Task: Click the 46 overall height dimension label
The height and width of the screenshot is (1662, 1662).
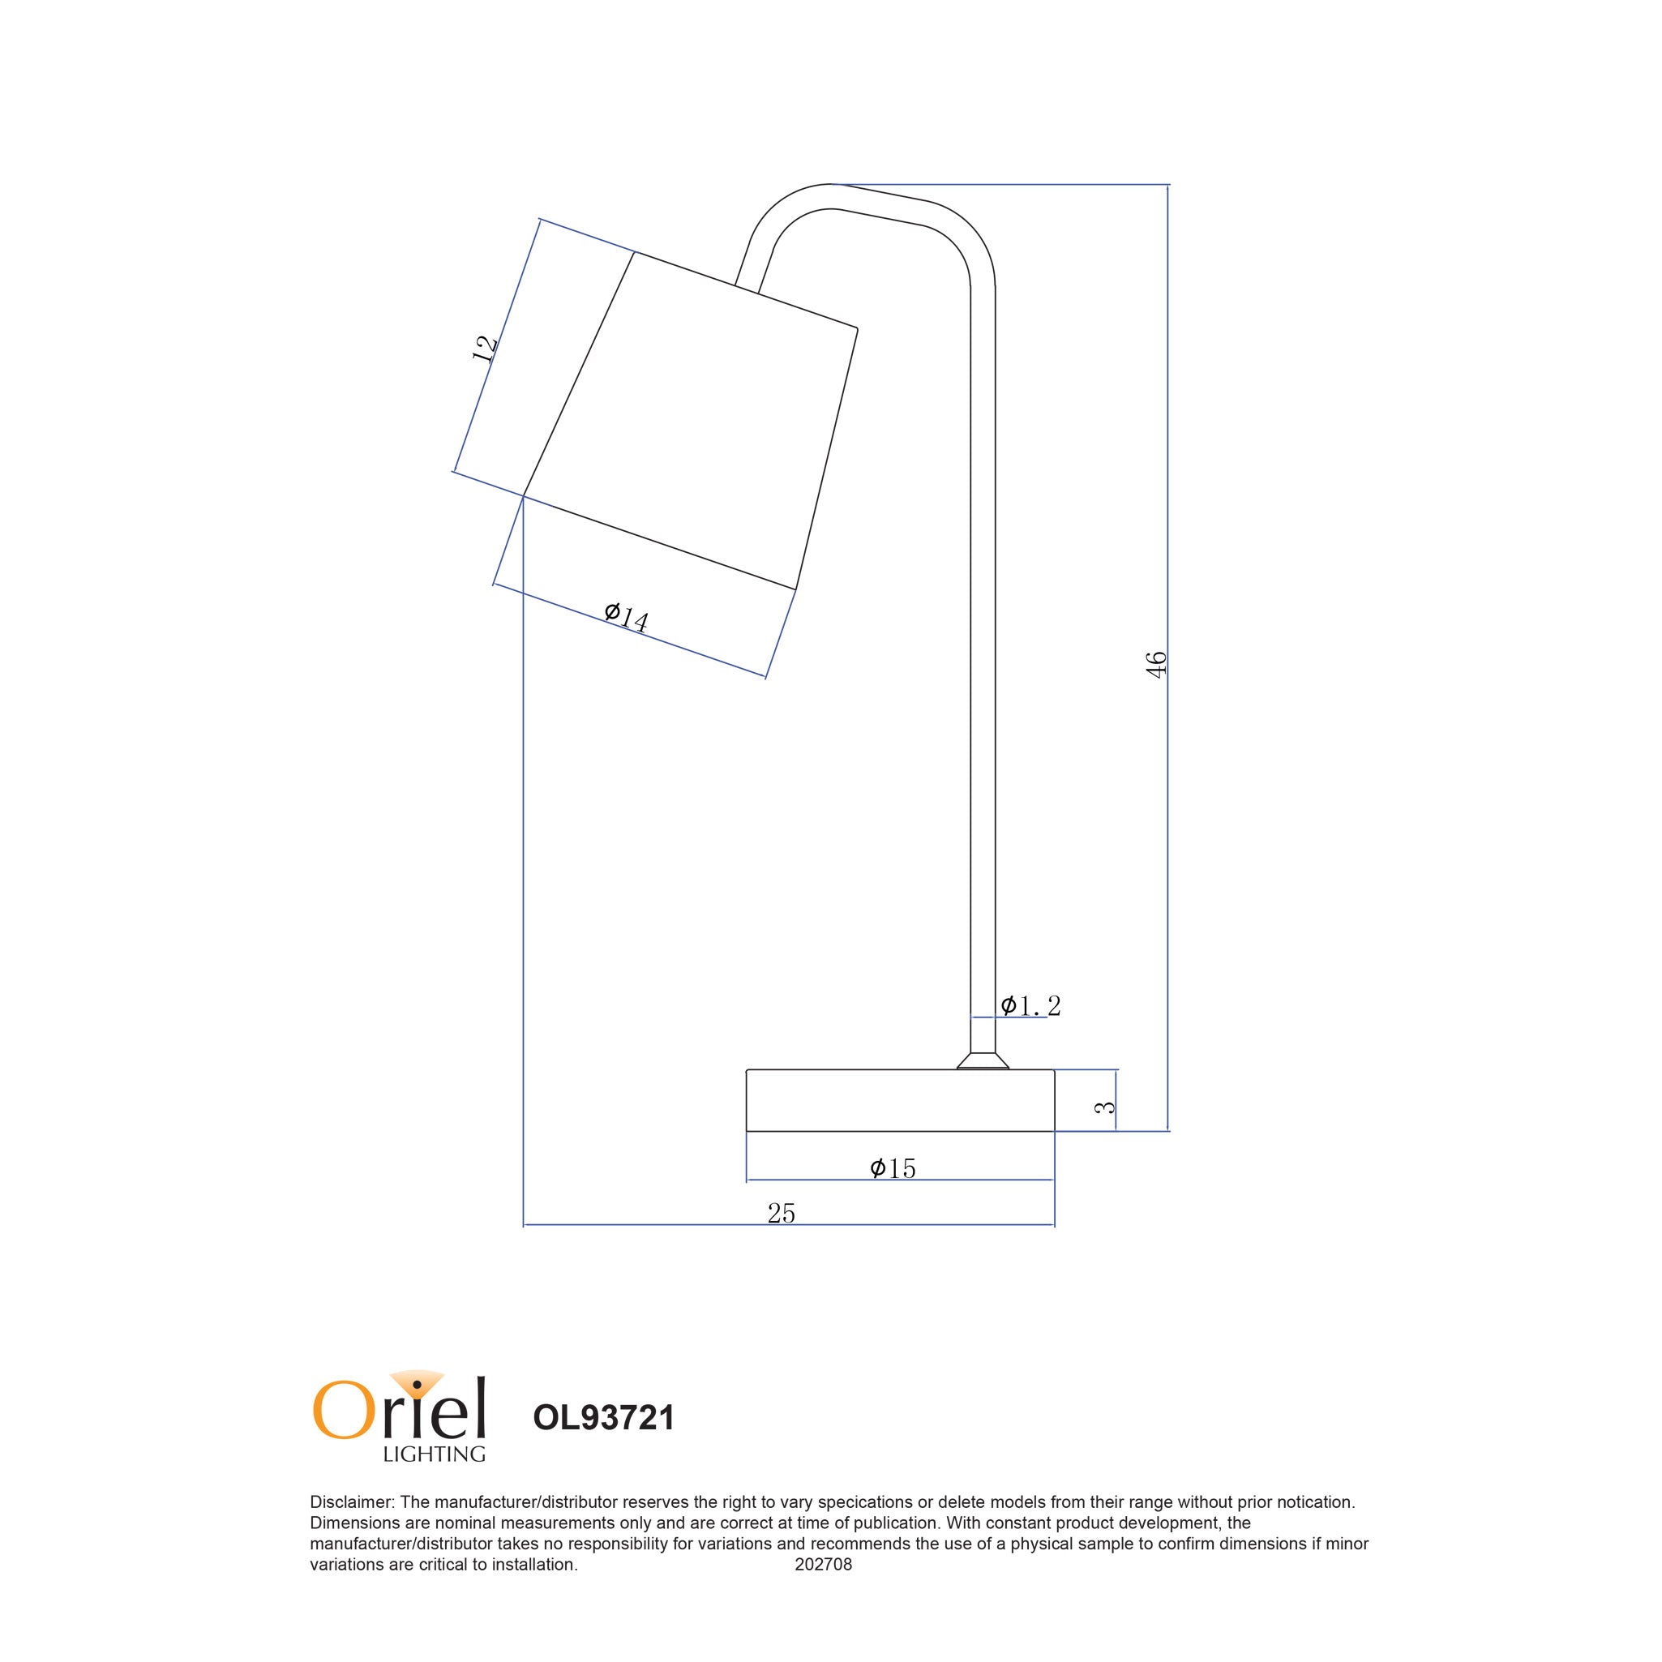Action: tap(1157, 665)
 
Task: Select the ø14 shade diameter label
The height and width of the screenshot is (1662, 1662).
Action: tap(626, 617)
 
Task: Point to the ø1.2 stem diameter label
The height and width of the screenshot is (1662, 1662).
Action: tap(1030, 1005)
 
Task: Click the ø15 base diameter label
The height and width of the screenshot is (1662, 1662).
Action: tap(893, 1168)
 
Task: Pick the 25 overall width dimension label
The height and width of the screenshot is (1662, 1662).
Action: tap(781, 1213)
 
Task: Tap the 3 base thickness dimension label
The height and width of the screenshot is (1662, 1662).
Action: tap(1104, 1107)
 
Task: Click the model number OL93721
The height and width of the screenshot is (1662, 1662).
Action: tap(603, 1418)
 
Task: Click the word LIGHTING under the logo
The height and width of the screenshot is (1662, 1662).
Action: tap(434, 1454)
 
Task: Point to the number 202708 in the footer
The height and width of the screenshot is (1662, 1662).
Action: tap(823, 1588)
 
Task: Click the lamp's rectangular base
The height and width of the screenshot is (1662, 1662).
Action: tap(900, 1100)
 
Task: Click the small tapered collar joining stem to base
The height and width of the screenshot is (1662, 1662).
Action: tap(983, 1060)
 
